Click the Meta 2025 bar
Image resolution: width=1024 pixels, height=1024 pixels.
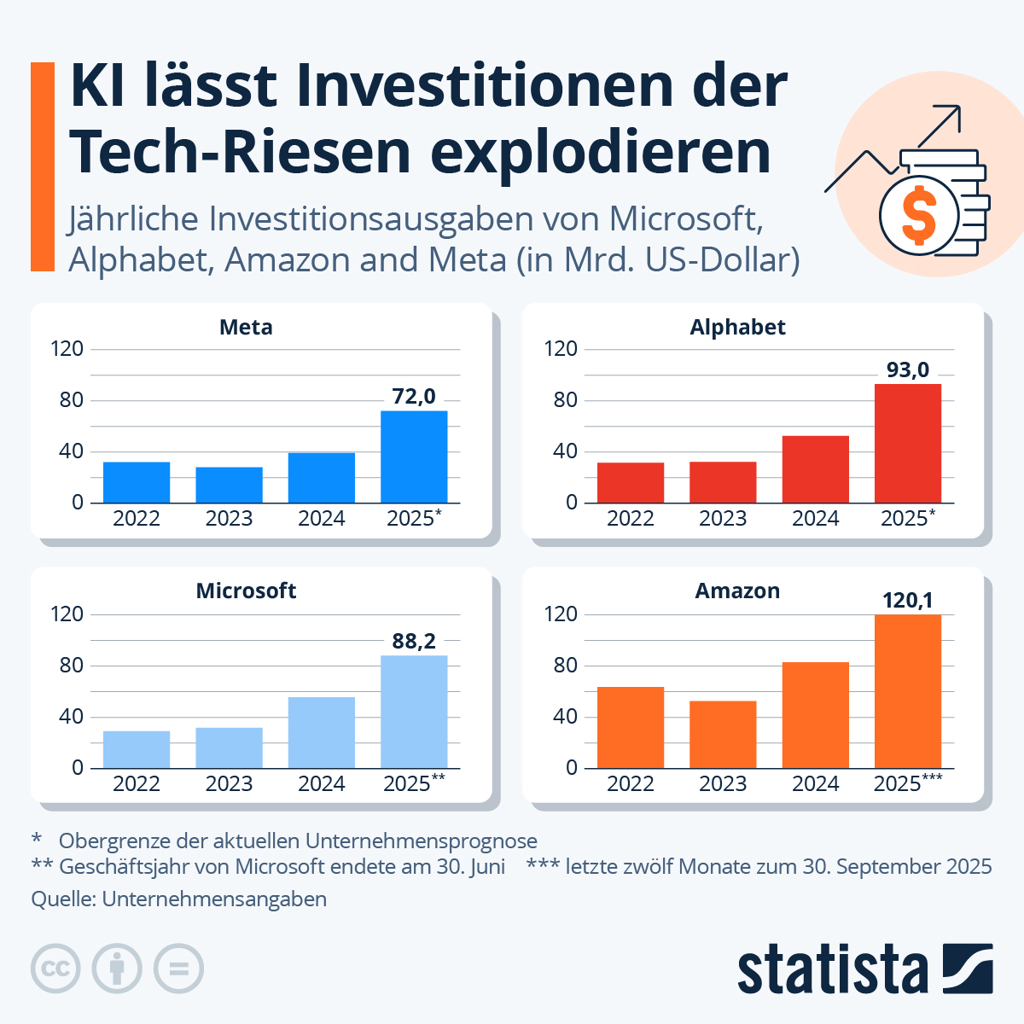(414, 457)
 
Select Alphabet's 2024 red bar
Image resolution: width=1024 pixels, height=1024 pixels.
(815, 469)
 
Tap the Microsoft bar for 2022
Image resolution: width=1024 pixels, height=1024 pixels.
(137, 749)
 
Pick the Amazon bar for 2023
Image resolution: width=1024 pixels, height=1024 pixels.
(723, 734)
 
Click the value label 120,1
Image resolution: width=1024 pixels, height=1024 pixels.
(907, 600)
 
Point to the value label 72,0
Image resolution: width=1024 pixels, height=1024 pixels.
(414, 396)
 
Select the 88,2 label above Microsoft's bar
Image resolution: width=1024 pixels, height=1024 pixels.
(414, 641)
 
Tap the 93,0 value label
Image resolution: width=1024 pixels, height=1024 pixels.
(907, 369)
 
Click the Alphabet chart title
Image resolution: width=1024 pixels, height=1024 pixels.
(737, 327)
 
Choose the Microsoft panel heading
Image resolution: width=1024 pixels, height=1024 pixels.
(246, 591)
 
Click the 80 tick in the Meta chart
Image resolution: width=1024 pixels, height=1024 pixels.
(72, 400)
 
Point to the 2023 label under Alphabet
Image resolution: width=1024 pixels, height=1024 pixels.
(723, 519)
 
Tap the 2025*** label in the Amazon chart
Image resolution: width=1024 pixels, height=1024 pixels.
(907, 783)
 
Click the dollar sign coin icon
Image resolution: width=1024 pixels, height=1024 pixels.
(919, 215)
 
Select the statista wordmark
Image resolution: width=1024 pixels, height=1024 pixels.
(832, 969)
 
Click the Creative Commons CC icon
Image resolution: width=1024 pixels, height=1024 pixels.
(55, 969)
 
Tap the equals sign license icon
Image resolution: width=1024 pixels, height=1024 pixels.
(178, 969)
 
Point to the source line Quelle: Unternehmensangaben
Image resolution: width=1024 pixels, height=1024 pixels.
(179, 899)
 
